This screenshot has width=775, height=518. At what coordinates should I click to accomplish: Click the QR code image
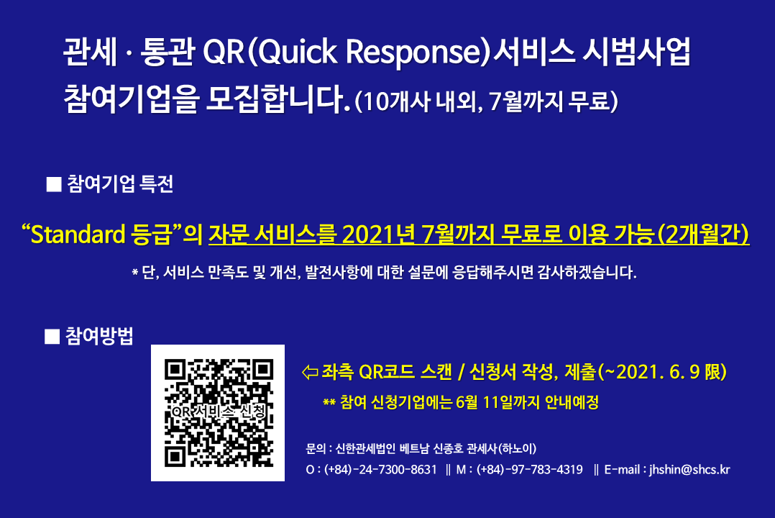[217, 413]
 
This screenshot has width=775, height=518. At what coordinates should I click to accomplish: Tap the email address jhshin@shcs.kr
[689, 470]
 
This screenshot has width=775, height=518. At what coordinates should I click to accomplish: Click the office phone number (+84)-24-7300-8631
[380, 470]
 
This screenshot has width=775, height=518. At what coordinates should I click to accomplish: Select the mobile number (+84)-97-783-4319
[529, 470]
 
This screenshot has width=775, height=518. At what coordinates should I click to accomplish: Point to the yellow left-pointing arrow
[310, 372]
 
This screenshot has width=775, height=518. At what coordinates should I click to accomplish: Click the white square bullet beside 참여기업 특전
[54, 184]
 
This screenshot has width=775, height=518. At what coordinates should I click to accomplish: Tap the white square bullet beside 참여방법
[52, 337]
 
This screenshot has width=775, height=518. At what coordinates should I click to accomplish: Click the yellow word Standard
[78, 235]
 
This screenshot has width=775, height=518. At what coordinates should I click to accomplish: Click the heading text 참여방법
[99, 337]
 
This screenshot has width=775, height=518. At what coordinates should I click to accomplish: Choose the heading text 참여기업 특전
[120, 184]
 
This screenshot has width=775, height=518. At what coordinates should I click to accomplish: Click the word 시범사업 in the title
[636, 52]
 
